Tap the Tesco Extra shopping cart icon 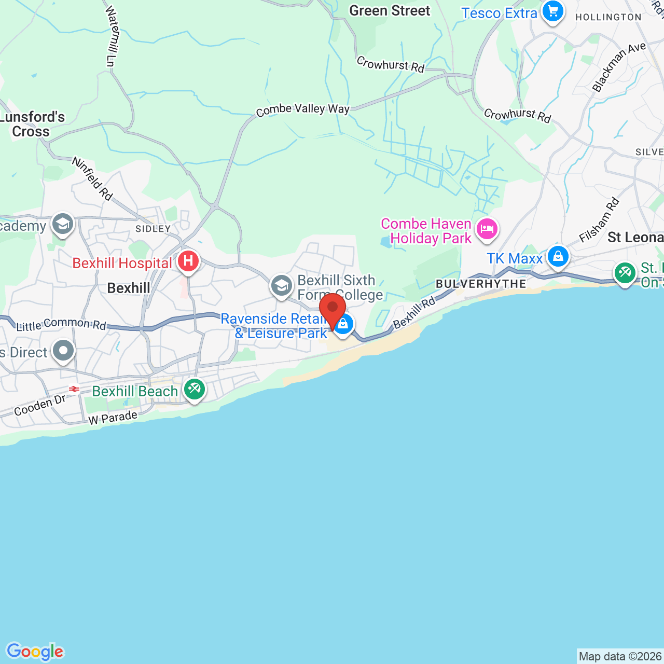(x=552, y=11)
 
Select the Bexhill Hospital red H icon (x=188, y=261)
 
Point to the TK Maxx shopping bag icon (x=558, y=257)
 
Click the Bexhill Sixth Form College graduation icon (x=282, y=286)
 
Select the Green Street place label (x=390, y=11)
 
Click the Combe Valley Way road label (x=302, y=109)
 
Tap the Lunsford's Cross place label (x=32, y=125)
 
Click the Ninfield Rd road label (x=92, y=178)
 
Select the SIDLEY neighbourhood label (x=153, y=229)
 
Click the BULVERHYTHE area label (x=481, y=284)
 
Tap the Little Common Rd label (x=61, y=325)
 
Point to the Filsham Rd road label (x=600, y=220)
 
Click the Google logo (x=35, y=652)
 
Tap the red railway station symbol (x=74, y=389)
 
